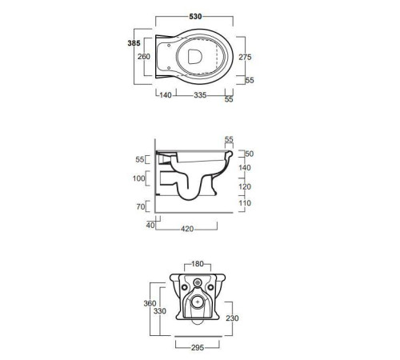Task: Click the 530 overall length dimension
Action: pyautogui.click(x=195, y=17)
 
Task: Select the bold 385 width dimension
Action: pyautogui.click(x=134, y=43)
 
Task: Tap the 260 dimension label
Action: pyautogui.click(x=144, y=57)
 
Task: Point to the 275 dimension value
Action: pyautogui.click(x=245, y=57)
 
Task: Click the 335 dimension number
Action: pyautogui.click(x=200, y=95)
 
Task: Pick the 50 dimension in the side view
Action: pyautogui.click(x=250, y=154)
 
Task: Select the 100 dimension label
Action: pyautogui.click(x=139, y=178)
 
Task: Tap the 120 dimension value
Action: pyautogui.click(x=245, y=186)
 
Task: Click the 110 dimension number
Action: pyautogui.click(x=245, y=203)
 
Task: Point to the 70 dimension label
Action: pyautogui.click(x=141, y=206)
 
